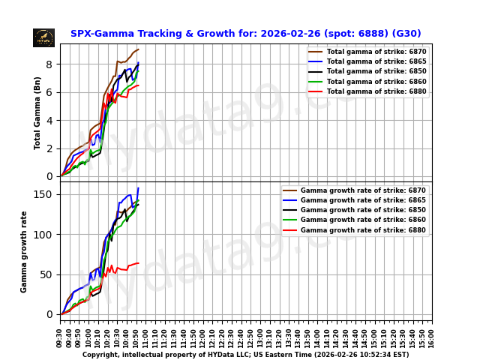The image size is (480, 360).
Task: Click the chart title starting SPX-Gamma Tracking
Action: [245, 34]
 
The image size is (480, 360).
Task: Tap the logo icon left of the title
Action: [43, 37]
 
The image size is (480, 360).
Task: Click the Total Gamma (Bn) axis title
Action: [37, 112]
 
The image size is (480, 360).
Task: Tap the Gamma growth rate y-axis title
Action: [24, 251]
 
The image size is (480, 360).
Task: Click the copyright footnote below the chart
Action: [245, 355]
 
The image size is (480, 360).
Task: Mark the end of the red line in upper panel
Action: [138, 85]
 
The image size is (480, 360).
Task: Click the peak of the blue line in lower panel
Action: [138, 188]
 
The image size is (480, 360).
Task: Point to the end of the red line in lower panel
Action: [138, 263]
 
